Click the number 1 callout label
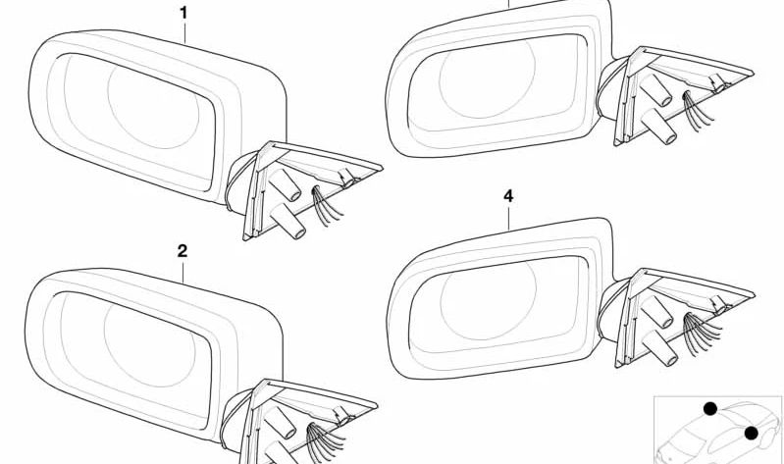182,13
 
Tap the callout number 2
182,251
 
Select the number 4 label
508,196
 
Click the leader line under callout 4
508,216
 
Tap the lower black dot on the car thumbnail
752,433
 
